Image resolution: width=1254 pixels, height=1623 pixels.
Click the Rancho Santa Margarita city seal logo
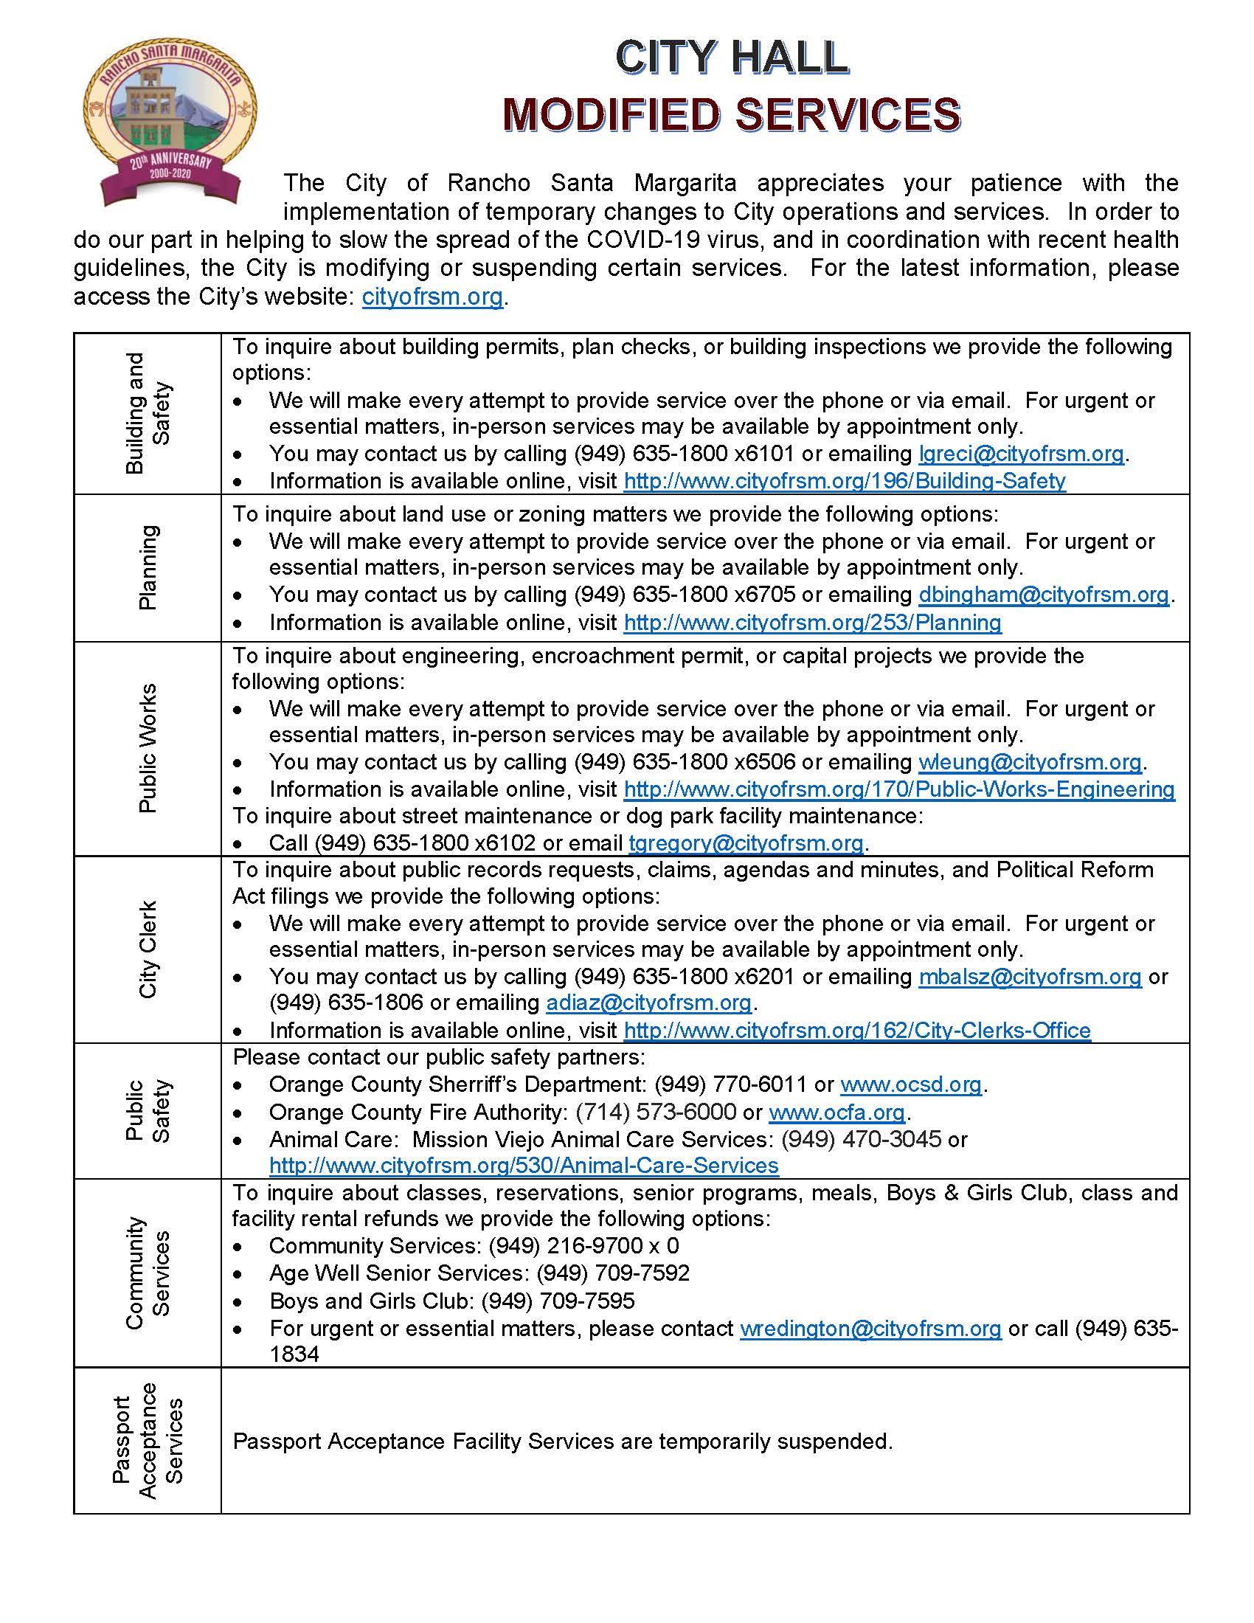tap(170, 122)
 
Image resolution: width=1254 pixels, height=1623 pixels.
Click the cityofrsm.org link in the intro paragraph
tap(432, 297)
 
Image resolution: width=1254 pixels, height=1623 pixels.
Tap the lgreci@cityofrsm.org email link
tap(1021, 453)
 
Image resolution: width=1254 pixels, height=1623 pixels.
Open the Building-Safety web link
tap(845, 481)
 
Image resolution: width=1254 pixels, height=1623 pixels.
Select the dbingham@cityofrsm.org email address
tap(1044, 595)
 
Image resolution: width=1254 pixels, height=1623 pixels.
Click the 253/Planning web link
tap(813, 622)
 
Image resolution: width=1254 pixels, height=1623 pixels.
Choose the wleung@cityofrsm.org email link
tap(1030, 762)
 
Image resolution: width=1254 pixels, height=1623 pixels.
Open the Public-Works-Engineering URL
tap(899, 789)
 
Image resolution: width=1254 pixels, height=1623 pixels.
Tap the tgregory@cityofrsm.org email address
tap(746, 842)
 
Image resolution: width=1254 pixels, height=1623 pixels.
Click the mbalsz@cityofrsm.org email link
tap(1030, 977)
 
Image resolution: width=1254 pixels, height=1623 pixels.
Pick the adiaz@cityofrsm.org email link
tap(649, 1003)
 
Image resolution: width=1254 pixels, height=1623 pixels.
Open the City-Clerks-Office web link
tap(857, 1030)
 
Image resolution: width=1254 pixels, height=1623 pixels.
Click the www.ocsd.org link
tap(911, 1084)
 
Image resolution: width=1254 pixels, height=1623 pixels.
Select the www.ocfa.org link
tap(836, 1112)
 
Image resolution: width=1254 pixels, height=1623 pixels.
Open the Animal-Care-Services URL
tap(524, 1164)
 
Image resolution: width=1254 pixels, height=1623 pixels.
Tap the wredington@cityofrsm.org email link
tap(870, 1328)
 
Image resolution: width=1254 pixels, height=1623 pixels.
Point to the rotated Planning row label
tap(148, 568)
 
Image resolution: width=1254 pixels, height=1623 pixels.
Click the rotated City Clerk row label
tap(148, 949)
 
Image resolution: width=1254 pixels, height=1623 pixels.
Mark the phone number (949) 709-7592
tap(613, 1273)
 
